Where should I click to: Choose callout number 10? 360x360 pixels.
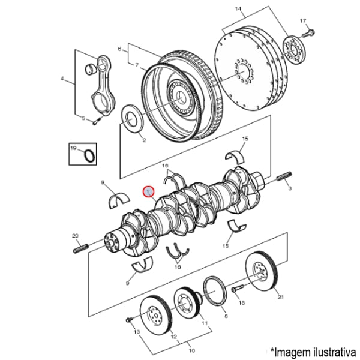192,350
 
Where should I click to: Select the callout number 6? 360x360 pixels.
120,48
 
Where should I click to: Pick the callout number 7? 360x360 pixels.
136,64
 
